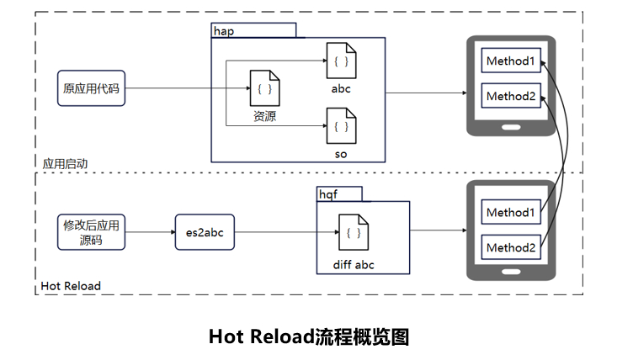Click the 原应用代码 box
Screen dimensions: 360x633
click(x=92, y=88)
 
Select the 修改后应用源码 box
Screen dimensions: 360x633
click(x=92, y=232)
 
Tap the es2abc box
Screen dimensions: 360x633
click(x=204, y=231)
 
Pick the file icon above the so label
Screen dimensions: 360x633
click(x=340, y=126)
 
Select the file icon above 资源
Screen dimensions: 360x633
click(x=264, y=88)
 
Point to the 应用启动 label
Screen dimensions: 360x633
click(x=65, y=163)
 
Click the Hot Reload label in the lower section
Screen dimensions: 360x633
click(x=71, y=286)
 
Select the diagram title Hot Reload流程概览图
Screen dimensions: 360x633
click(x=309, y=336)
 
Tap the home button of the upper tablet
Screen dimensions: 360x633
click(x=511, y=126)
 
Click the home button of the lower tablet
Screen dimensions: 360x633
click(x=511, y=272)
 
